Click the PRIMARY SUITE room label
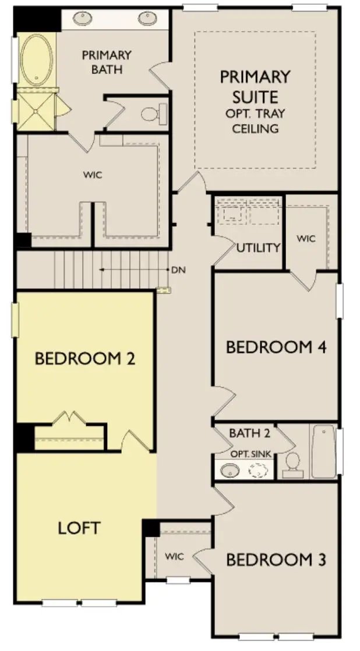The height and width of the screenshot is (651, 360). (x=255, y=86)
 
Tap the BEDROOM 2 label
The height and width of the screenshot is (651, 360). (x=85, y=358)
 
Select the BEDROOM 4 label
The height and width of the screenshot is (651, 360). (x=276, y=347)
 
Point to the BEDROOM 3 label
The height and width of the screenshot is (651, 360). (x=276, y=560)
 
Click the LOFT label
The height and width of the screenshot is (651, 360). (x=79, y=528)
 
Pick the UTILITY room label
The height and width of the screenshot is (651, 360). (x=259, y=247)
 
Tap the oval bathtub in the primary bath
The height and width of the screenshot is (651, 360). (x=37, y=59)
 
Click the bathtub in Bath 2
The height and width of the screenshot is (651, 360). (x=323, y=451)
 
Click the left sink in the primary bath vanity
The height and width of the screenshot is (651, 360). (x=80, y=19)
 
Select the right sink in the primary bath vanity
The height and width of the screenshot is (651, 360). (x=147, y=19)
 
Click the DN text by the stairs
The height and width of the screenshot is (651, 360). (x=178, y=270)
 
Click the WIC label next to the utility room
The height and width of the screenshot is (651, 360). (x=306, y=239)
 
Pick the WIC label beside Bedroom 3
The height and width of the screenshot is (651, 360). (x=174, y=557)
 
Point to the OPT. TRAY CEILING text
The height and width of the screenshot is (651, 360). (x=256, y=121)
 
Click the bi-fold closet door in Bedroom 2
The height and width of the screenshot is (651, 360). (x=70, y=418)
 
